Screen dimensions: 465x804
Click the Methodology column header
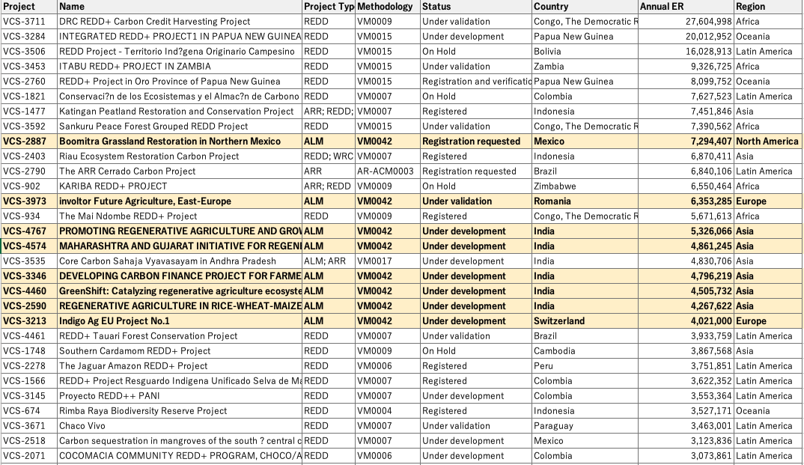click(385, 7)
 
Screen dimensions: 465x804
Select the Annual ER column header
click(662, 7)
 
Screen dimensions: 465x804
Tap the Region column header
click(750, 7)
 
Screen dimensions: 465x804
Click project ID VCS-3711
click(24, 22)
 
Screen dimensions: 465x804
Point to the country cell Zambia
click(549, 67)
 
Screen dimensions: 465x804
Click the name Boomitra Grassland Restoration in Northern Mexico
click(170, 142)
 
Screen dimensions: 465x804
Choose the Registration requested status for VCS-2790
click(469, 171)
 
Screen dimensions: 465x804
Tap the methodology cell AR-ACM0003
click(385, 171)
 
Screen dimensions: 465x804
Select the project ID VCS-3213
click(24, 321)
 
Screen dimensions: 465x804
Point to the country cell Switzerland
click(559, 321)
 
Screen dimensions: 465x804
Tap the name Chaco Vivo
click(82, 426)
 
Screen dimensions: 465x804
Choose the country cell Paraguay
click(553, 426)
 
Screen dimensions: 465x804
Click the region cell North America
click(767, 142)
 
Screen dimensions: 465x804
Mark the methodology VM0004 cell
click(374, 411)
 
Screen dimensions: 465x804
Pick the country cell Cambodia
click(554, 351)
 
